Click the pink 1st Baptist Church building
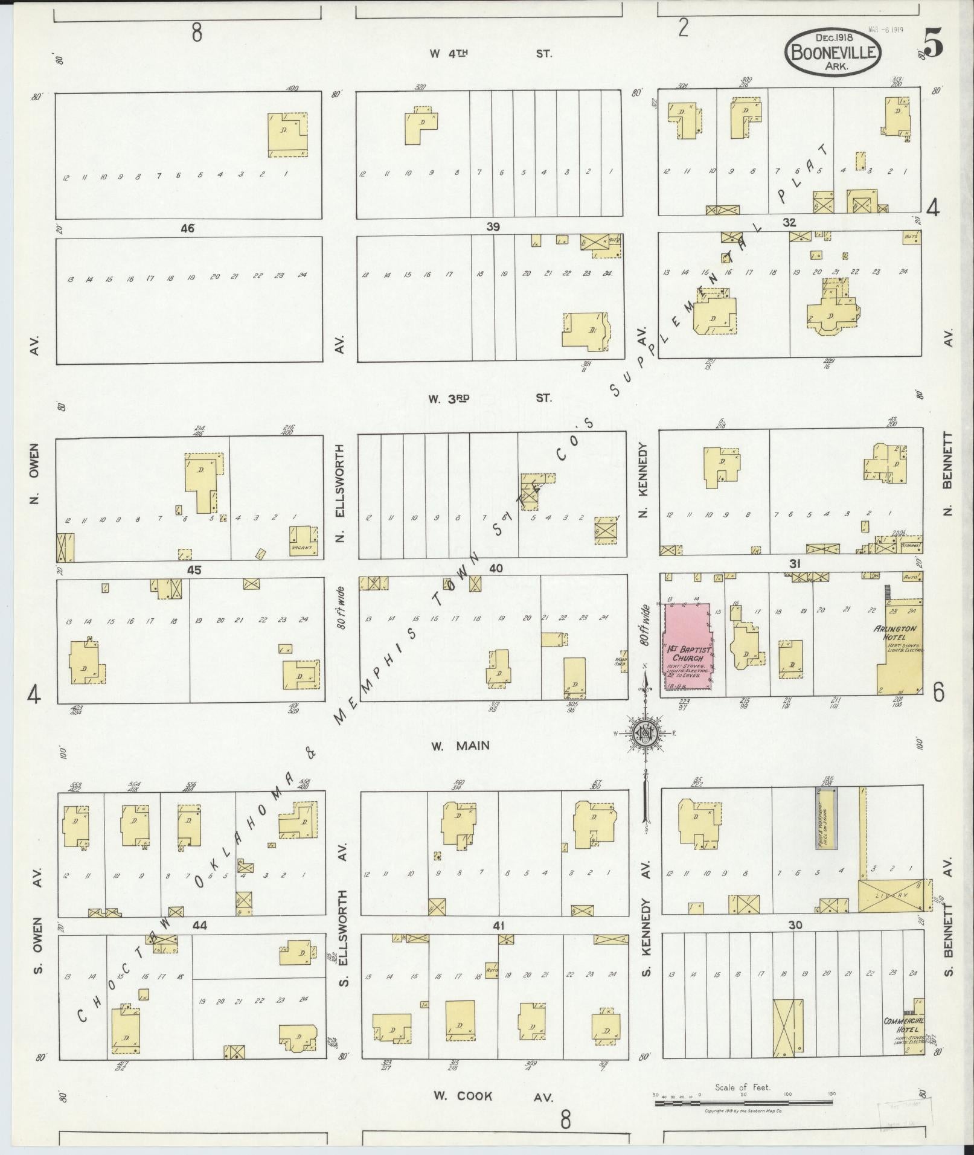pos(687,647)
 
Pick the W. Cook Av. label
pos(492,1096)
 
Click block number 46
pos(187,228)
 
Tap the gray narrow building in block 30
pos(826,818)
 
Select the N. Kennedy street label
pos(643,481)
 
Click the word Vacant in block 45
pos(301,548)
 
